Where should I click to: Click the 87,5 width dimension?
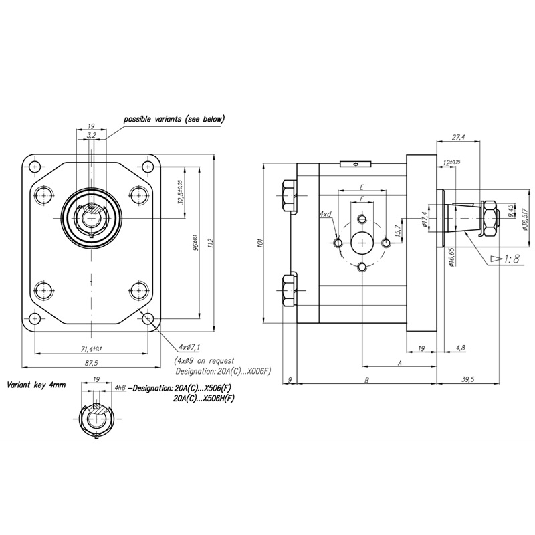[92, 363]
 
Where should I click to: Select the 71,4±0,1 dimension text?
[92, 349]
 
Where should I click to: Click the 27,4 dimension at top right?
[459, 137]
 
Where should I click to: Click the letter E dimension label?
[362, 187]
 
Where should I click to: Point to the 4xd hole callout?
[326, 214]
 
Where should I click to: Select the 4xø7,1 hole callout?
[190, 348]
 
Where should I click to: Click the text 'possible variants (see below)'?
[174, 119]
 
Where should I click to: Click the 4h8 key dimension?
[120, 387]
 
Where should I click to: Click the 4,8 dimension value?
[461, 348]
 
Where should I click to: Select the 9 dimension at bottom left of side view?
[288, 379]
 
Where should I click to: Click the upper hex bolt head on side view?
[290, 195]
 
